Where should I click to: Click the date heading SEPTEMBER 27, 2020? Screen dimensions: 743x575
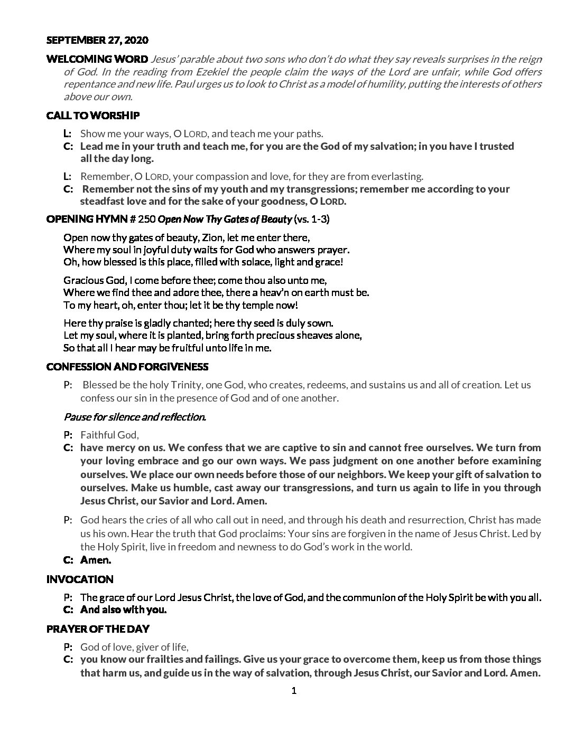tap(97, 40)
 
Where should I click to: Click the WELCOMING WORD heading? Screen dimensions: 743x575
tap(97, 59)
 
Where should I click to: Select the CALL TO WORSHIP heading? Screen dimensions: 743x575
tap(92, 116)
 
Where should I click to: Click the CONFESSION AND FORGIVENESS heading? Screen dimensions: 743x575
tap(127, 367)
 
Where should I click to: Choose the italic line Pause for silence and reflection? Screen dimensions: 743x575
tap(135, 417)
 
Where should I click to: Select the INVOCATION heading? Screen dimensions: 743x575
tap(80, 579)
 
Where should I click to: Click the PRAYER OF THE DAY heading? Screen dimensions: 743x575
tap(98, 629)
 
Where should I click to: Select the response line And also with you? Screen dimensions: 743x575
tap(123, 610)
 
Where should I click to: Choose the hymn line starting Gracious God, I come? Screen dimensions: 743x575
tap(195, 280)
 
